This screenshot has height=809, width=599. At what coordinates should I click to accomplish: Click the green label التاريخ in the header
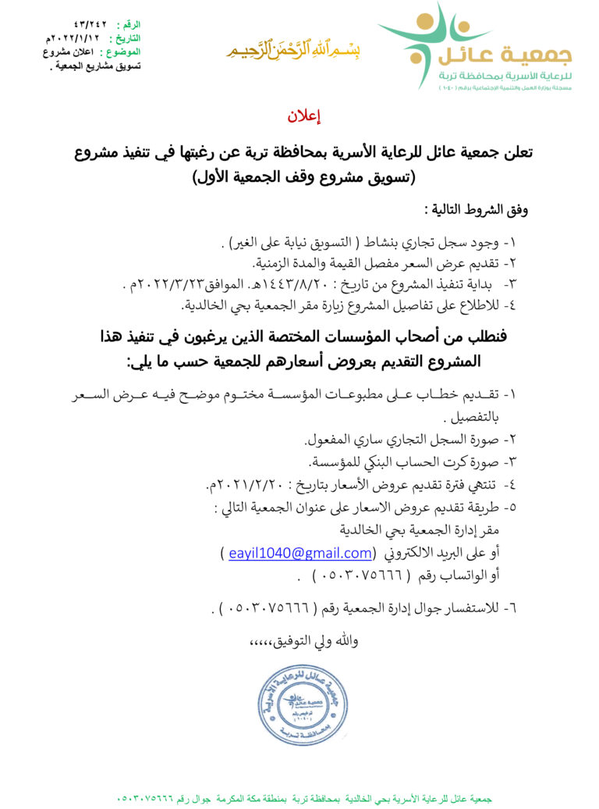coord(126,37)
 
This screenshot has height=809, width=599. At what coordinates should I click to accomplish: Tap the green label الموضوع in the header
coord(125,52)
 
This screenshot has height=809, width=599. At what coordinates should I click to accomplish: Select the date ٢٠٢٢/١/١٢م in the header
coord(73,37)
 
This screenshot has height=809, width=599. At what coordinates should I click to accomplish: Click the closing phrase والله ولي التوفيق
coord(304,641)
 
